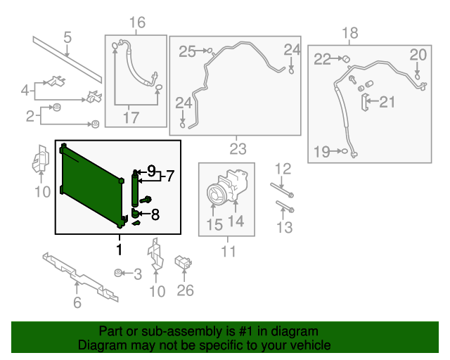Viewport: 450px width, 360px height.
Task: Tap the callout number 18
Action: click(x=349, y=32)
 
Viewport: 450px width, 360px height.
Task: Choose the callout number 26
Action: click(x=185, y=290)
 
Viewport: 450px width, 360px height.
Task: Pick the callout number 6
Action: click(x=77, y=303)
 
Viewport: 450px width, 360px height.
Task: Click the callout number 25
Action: click(x=187, y=51)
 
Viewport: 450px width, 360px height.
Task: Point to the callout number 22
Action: click(x=322, y=60)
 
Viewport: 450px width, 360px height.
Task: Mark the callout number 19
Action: click(x=321, y=151)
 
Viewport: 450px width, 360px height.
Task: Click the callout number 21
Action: click(x=387, y=103)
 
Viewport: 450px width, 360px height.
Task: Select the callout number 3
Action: click(x=138, y=274)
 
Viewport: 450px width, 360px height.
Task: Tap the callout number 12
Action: click(x=282, y=169)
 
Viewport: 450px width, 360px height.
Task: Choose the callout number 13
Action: click(x=283, y=226)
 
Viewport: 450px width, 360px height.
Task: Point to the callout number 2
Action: click(x=30, y=116)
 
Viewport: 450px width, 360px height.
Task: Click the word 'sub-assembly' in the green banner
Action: click(x=167, y=331)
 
